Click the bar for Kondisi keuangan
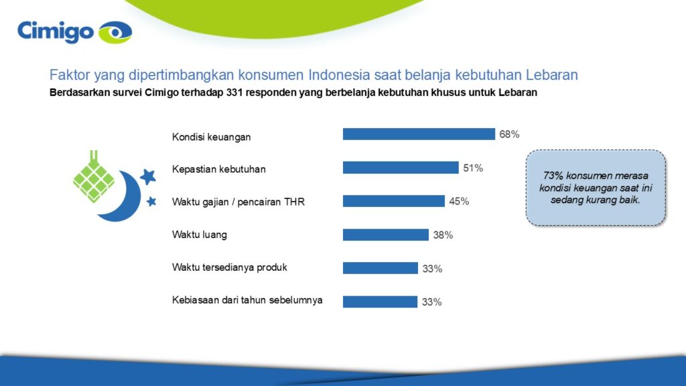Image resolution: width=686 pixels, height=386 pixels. point(419,134)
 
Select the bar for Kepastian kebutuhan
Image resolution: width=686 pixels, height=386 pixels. point(401,168)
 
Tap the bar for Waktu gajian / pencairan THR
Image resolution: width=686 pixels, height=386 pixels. point(394,201)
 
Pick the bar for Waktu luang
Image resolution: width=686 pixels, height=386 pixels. point(385,235)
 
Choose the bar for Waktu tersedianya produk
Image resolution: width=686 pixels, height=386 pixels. point(380,268)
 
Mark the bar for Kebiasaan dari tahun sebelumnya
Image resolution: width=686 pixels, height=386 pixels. point(380,302)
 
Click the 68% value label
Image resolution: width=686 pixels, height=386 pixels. point(509,134)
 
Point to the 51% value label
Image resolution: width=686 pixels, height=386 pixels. point(473,168)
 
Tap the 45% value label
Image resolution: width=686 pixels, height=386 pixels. point(459,202)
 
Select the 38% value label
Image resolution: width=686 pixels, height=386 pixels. point(443,235)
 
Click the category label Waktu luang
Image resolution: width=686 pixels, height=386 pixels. point(200,235)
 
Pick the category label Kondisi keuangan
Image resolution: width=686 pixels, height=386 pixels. point(211,137)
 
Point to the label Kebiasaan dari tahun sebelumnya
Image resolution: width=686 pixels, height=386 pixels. point(247,300)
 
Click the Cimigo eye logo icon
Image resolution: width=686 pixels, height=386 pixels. point(115,31)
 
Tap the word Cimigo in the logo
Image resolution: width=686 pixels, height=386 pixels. point(56,31)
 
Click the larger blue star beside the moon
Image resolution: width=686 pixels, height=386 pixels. point(148,176)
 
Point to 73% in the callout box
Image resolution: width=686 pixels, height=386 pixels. point(552,176)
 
